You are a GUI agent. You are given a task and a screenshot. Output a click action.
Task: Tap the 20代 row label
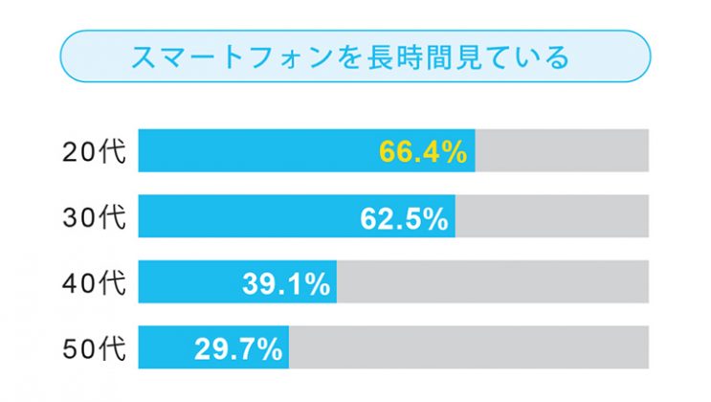(x=94, y=151)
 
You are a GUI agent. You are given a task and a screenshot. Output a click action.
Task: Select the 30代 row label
(x=94, y=217)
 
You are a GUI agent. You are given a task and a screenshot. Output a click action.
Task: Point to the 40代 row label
(x=94, y=282)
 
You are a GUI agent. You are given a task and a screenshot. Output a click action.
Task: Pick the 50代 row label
(x=94, y=346)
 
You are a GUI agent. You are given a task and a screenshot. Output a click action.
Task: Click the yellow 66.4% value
(x=422, y=152)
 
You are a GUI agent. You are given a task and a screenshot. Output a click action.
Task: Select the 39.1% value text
(x=286, y=283)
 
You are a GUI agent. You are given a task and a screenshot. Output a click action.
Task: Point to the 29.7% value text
(x=238, y=348)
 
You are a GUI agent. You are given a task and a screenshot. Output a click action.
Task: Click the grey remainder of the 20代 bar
(x=563, y=151)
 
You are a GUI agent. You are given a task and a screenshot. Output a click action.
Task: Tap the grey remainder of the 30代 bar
(x=552, y=217)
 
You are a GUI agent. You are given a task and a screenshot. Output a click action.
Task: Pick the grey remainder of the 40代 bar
(x=493, y=282)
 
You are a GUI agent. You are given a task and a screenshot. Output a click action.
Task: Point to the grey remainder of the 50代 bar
(x=469, y=346)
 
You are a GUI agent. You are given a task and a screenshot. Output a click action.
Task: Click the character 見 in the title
(x=463, y=58)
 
